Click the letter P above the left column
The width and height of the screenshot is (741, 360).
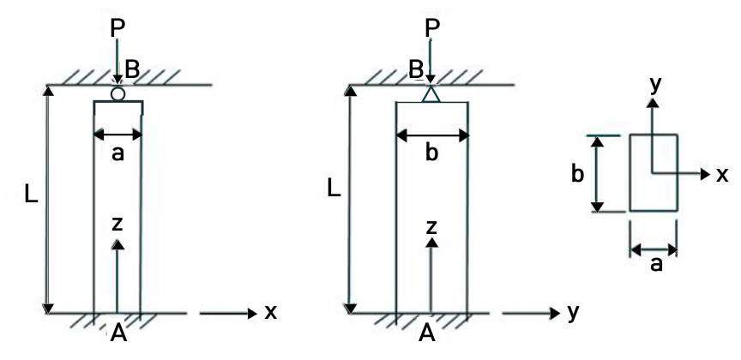click(117, 28)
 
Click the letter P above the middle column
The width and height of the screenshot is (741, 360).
click(432, 28)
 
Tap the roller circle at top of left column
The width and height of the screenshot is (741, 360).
click(117, 94)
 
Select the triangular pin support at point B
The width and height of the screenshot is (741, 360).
click(431, 93)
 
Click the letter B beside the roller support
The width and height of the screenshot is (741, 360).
click(132, 70)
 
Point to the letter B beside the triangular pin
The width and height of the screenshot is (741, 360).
click(416, 70)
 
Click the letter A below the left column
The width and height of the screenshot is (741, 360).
click(118, 333)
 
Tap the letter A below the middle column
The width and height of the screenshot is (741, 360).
click(427, 333)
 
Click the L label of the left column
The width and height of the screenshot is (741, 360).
click(31, 195)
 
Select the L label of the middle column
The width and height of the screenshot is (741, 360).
click(334, 189)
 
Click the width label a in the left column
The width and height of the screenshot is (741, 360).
click(117, 154)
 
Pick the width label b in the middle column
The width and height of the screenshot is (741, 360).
click(431, 153)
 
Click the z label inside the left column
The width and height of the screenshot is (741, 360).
click(117, 225)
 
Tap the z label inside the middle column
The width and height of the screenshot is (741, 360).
click(431, 228)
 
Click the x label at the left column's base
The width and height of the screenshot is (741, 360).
click(270, 312)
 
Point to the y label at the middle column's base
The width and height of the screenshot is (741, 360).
click(573, 314)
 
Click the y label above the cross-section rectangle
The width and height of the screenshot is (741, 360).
click(654, 86)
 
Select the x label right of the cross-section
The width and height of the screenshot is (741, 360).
click(722, 175)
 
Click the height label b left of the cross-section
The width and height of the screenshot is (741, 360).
click(577, 174)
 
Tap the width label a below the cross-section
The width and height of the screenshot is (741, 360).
click(656, 265)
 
